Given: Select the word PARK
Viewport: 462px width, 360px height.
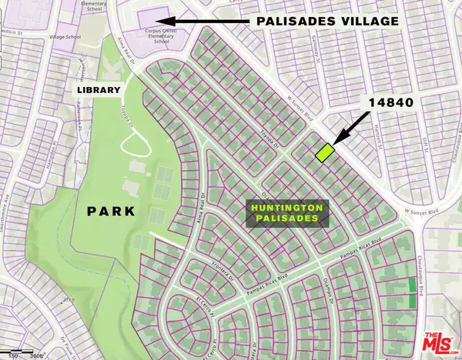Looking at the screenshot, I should (109, 210).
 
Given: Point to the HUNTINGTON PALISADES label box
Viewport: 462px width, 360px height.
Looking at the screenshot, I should (287, 214).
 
